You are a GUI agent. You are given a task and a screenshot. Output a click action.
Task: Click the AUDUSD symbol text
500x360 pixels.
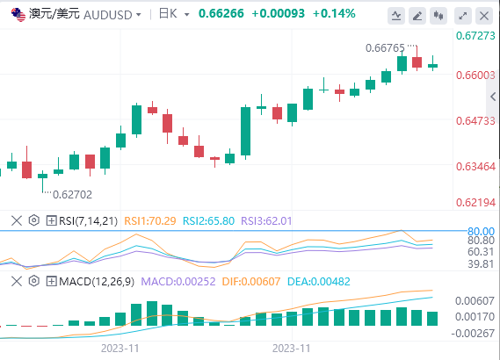[108, 15]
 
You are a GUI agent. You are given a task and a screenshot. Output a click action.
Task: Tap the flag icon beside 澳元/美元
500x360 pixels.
[18, 15]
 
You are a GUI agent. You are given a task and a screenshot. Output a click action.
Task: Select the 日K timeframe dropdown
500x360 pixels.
[174, 14]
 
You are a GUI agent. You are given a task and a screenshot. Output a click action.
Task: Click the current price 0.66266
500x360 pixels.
[221, 14]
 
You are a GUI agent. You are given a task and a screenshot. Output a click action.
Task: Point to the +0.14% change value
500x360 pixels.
[334, 14]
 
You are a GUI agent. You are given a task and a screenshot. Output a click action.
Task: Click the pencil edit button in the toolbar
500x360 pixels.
[417, 16]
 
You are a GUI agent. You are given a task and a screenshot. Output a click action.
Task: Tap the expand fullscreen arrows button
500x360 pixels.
[463, 16]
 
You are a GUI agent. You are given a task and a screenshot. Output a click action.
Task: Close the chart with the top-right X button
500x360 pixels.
[484, 16]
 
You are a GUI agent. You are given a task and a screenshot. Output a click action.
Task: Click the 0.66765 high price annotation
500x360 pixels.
[385, 48]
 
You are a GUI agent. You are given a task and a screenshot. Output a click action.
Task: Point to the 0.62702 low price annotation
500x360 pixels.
[72, 194]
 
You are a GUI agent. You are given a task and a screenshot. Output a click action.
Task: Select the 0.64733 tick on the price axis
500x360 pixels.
[475, 121]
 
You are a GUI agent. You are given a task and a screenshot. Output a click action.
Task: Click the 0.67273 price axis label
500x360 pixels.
[475, 36]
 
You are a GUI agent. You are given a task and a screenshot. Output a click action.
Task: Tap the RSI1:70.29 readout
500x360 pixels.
[150, 220]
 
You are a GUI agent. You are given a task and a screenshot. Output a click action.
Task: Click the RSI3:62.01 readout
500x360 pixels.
[266, 220]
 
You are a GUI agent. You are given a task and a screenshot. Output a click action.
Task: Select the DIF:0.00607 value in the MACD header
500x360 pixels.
[251, 281]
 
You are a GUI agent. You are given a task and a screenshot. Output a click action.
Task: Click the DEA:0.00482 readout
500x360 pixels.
[319, 281]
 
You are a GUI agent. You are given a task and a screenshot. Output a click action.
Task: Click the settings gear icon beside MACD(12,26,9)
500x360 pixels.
[33, 281]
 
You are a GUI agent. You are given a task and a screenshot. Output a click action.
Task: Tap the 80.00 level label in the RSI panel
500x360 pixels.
[481, 231]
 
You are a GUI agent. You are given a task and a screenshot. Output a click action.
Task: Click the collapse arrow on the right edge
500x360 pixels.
[493, 97]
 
